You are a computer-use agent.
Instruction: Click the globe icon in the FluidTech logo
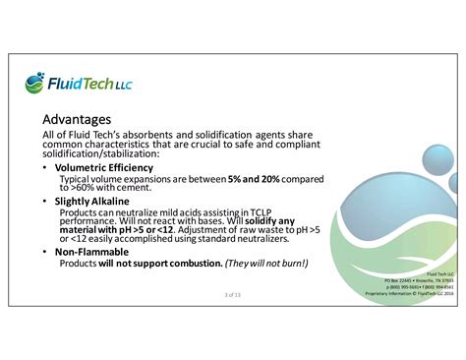(35, 82)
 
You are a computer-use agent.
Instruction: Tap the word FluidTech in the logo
(82, 84)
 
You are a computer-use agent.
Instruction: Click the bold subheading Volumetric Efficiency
(110, 167)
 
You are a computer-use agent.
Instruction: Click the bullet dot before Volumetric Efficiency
(46, 168)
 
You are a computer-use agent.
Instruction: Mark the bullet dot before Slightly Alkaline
(46, 201)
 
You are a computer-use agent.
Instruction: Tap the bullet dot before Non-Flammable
(46, 253)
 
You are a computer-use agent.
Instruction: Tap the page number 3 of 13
(233, 294)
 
